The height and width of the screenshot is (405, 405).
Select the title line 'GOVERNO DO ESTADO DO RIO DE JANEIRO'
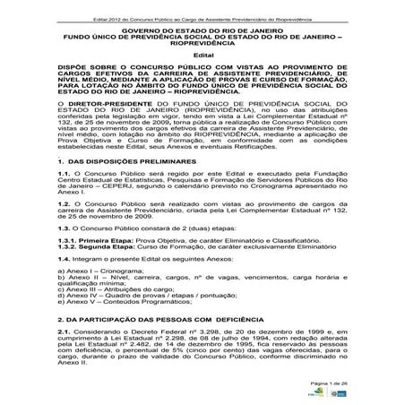[x=202, y=30]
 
